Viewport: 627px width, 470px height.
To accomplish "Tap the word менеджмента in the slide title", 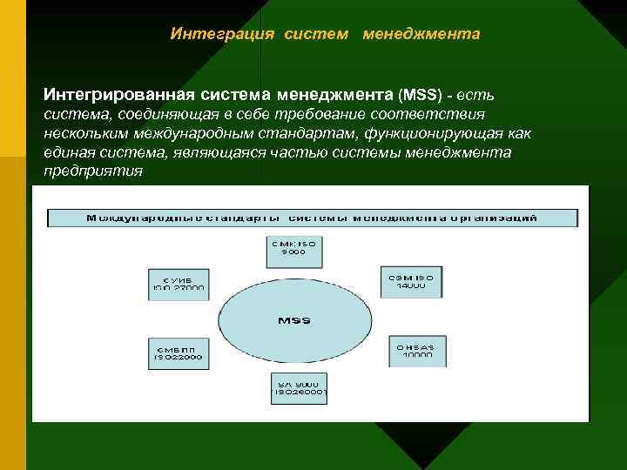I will click(x=421, y=34).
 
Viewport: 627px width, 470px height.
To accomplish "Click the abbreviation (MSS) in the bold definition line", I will click(x=420, y=92).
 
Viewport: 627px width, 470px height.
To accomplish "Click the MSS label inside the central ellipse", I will click(x=293, y=320).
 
